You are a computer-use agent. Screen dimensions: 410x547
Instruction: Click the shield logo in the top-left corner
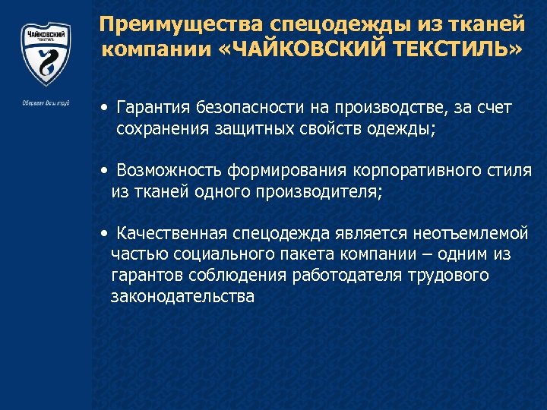coord(45,53)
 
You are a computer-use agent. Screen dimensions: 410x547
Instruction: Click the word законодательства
coord(182,296)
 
